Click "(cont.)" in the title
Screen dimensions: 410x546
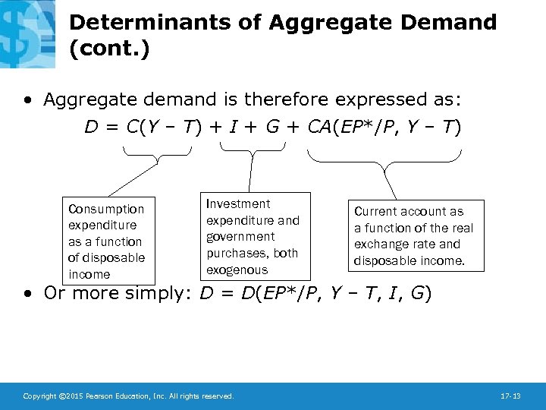[x=109, y=49]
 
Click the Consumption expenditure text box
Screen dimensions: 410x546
[x=107, y=241]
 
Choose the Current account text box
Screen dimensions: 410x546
[x=414, y=235]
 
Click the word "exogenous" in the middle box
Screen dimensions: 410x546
[x=237, y=270]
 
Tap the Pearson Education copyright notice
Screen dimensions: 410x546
[x=128, y=396]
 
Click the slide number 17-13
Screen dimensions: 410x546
[x=510, y=396]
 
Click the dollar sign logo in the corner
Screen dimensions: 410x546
[x=27, y=30]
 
